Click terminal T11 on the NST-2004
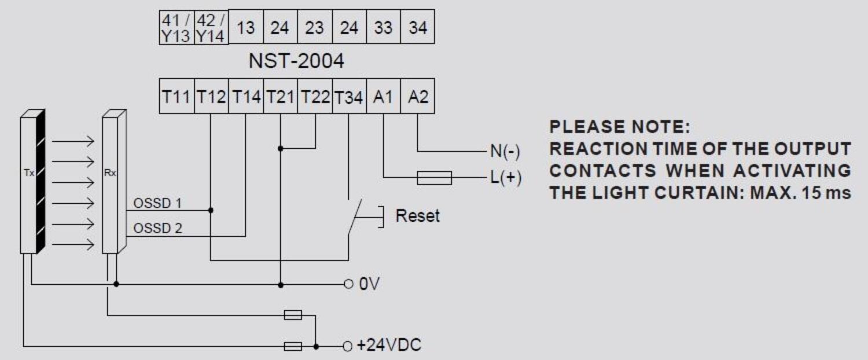[176, 97]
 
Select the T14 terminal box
[246, 97]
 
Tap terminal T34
[349, 97]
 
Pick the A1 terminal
[382, 97]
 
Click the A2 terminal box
[417, 97]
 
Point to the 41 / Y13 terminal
[176, 28]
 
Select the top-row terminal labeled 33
[382, 28]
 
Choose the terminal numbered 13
[245, 28]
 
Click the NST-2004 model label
[296, 61]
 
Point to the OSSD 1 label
[157, 203]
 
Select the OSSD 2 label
[157, 229]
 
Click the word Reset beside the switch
[417, 216]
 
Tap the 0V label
[369, 284]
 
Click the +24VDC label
[389, 346]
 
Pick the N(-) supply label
[505, 152]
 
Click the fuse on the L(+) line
[434, 178]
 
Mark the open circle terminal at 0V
[348, 284]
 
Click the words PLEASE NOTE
[619, 127]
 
